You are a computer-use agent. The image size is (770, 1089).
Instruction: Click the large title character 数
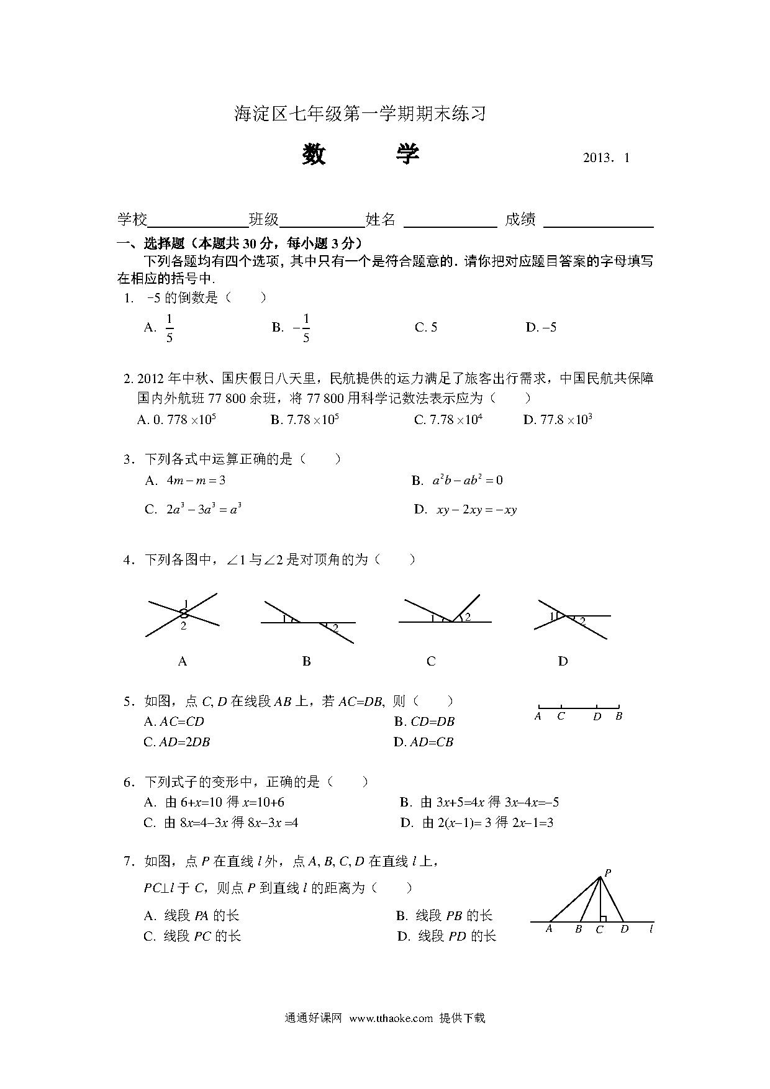coord(314,155)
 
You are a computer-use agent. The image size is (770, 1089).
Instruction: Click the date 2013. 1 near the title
coord(606,158)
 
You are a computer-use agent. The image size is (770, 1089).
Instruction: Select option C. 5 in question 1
coord(426,327)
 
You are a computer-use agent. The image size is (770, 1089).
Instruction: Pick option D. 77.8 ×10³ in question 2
coord(558,420)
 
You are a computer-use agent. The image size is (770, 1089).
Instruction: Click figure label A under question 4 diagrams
coord(183,662)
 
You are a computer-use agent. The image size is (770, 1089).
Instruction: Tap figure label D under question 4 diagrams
coord(563,662)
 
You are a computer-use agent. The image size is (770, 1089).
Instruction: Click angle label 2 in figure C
coord(468,617)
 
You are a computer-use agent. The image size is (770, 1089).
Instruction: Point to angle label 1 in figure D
coord(551,617)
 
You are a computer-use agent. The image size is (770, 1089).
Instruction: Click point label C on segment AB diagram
coord(561,716)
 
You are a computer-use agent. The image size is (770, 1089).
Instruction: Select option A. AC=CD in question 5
coord(174,721)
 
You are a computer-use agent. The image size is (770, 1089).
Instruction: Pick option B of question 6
coord(479,802)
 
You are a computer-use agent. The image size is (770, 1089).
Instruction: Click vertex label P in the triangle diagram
coord(608,872)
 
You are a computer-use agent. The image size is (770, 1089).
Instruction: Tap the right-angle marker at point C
coord(603,918)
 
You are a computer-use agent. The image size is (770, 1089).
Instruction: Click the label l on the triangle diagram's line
coord(651,929)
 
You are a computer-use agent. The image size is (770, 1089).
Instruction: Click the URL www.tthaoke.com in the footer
coord(391,1018)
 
